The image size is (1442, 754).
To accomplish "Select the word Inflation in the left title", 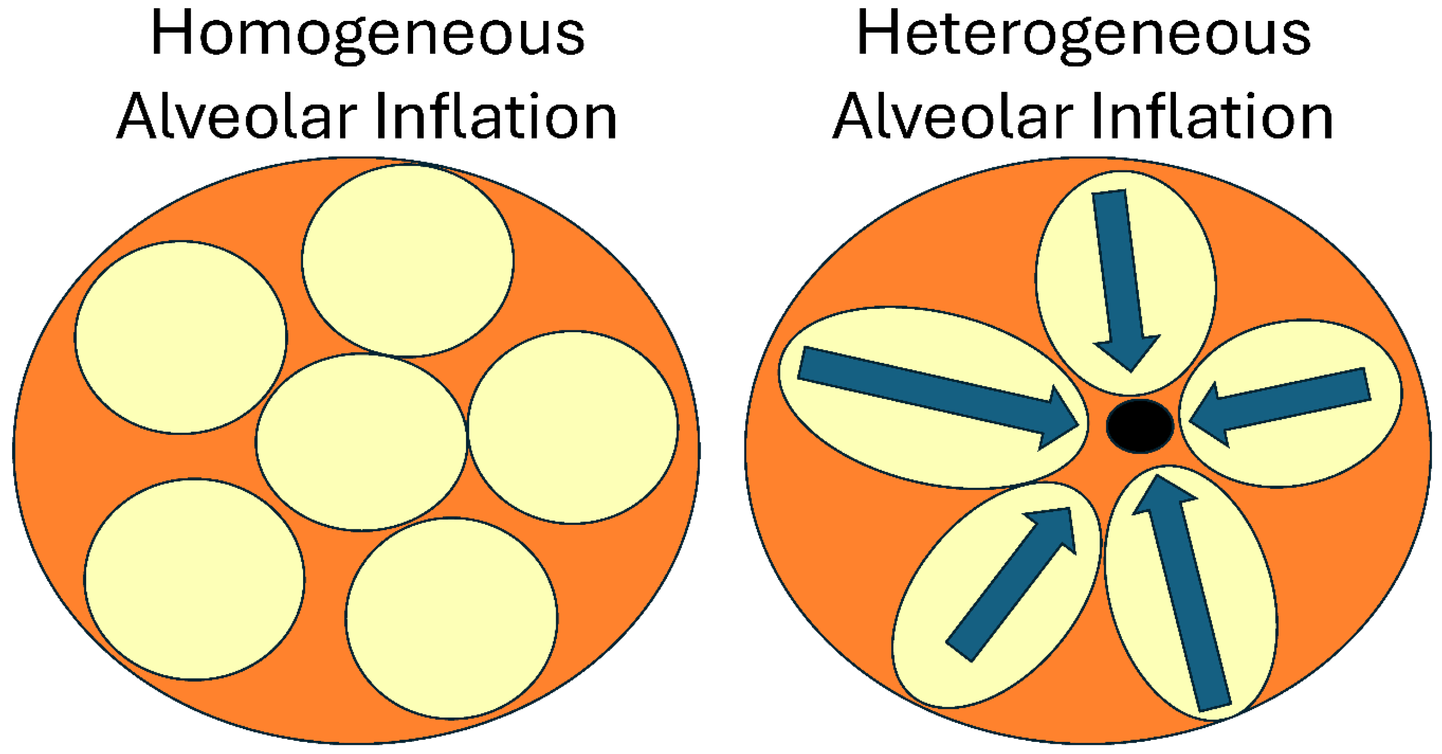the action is pos(495,116).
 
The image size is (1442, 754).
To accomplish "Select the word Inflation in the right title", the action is pos(1212,116).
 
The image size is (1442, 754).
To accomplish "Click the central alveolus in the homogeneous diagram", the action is pos(361,442).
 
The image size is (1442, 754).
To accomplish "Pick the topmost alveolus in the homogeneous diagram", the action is pos(408,261).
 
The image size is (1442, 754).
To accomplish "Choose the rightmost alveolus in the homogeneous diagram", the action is pos(573,428).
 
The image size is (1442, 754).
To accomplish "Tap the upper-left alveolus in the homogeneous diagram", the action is pos(181,338).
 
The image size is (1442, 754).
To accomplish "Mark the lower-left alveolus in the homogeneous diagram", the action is pos(194,579).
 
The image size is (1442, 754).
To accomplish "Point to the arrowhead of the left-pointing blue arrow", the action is pos(1209,415).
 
